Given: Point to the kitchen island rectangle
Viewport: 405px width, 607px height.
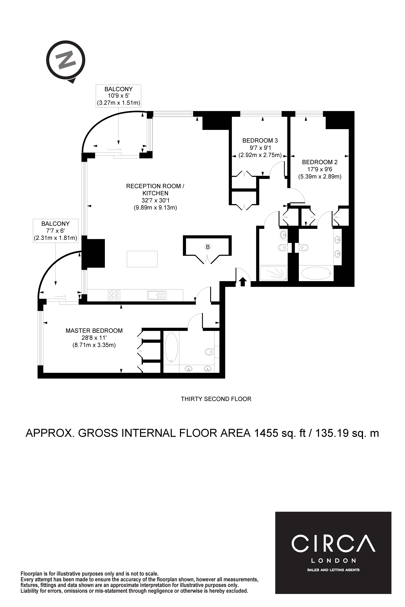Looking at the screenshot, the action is pyautogui.click(x=142, y=259).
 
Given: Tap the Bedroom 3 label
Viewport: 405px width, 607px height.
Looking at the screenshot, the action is pyautogui.click(x=260, y=141).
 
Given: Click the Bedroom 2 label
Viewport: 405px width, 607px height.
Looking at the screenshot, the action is pyautogui.click(x=320, y=162).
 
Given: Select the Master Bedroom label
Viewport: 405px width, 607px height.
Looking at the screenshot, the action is pyautogui.click(x=94, y=331).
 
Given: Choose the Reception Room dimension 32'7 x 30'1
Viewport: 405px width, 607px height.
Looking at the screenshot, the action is pyautogui.click(x=155, y=200).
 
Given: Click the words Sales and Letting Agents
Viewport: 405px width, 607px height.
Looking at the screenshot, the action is pyautogui.click(x=333, y=570).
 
